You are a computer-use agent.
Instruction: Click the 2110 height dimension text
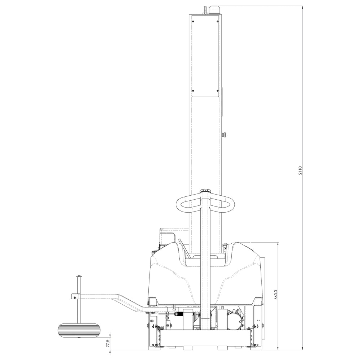pos(300,170)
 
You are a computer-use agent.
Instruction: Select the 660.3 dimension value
pos(275,295)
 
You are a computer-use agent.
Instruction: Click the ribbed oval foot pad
pos(78,330)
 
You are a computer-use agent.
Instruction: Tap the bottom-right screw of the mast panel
pos(217,91)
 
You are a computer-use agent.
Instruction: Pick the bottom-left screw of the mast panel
pos(193,91)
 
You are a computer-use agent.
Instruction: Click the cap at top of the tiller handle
pos(205,191)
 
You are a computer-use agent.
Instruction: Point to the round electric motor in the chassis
pos(235,319)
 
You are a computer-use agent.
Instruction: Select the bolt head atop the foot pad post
pos(78,277)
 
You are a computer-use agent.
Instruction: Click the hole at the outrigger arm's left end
pos(74,297)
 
